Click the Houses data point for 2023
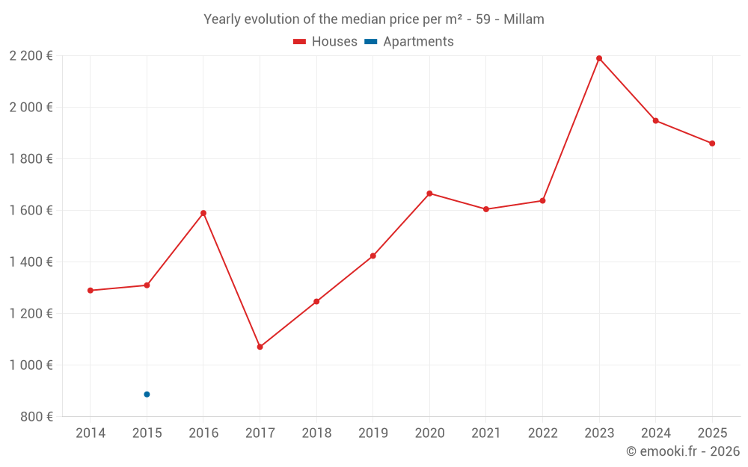point(599,58)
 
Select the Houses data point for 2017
point(260,347)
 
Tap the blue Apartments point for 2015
point(147,395)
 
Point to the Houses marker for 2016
point(203,213)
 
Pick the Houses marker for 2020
point(429,194)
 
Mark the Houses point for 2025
point(712,143)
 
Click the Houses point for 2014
point(91,291)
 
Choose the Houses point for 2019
point(373,256)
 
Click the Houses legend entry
point(325,42)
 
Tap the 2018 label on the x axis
point(316,433)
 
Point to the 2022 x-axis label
point(542,433)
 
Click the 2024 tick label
point(655,433)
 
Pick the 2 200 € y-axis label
point(31,55)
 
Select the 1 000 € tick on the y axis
point(31,365)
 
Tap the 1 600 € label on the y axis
point(31,211)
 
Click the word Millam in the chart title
point(524,19)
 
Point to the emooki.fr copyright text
point(683,451)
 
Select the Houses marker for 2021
point(486,209)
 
